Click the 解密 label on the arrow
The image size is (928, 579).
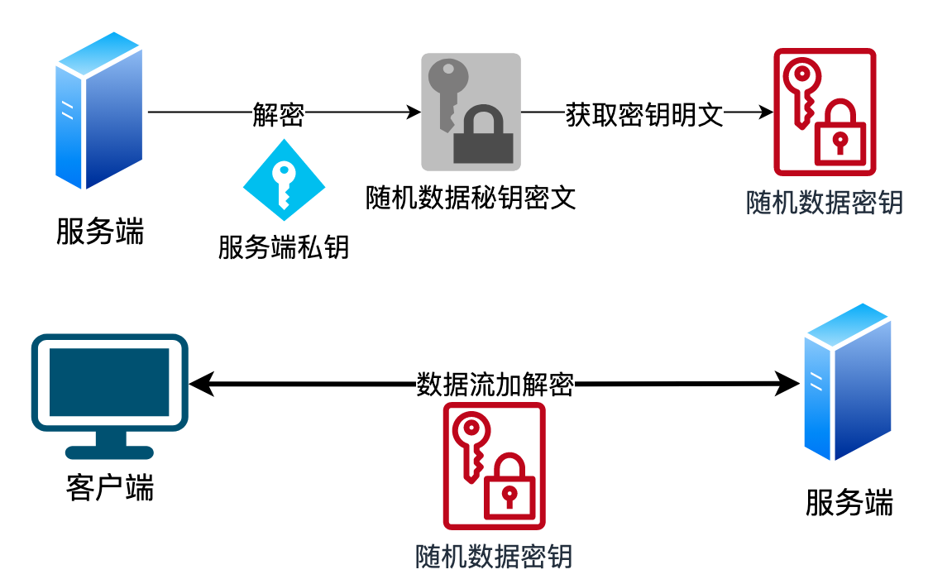pyautogui.click(x=278, y=114)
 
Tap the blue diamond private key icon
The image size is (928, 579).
pyautogui.click(x=284, y=180)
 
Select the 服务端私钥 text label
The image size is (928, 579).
pyautogui.click(x=284, y=246)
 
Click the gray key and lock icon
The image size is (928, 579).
pyautogui.click(x=471, y=112)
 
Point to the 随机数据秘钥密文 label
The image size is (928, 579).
pyautogui.click(x=471, y=198)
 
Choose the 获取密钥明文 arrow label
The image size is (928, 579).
pyautogui.click(x=644, y=114)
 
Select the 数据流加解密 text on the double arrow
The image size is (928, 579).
pyautogui.click(x=495, y=385)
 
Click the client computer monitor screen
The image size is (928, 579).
pyautogui.click(x=109, y=382)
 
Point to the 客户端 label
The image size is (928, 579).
pyautogui.click(x=109, y=488)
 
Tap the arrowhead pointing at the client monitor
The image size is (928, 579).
pyautogui.click(x=200, y=385)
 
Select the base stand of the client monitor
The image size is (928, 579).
pyautogui.click(x=109, y=451)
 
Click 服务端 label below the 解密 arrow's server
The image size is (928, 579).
pyautogui.click(x=99, y=232)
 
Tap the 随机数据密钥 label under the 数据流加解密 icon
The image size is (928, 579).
pyautogui.click(x=494, y=556)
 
